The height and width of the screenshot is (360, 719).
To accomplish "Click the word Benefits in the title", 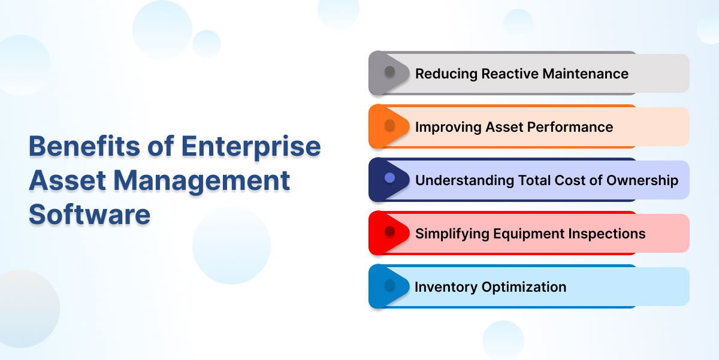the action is pos(84,146).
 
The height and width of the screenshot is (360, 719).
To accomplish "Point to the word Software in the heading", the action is pos(89,214).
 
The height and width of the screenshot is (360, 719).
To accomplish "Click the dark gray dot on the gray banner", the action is pos(389,71).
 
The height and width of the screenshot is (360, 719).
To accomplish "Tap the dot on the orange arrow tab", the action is pos(389,125).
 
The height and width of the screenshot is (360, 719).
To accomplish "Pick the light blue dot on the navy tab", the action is pos(389,178).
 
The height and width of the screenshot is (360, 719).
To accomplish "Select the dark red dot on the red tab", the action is pos(389,231).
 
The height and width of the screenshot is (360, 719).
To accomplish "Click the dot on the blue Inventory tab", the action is pos(389,285).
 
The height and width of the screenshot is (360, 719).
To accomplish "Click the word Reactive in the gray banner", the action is pos(509,74).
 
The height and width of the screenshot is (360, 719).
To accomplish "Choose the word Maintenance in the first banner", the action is pos(585,74).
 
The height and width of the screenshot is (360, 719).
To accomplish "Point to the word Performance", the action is pos(570,127).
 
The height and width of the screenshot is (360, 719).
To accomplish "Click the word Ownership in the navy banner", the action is pos(642,180).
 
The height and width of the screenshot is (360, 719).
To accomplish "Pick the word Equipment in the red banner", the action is pos(528,234).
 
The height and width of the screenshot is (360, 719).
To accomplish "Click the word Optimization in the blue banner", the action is pos(524,287).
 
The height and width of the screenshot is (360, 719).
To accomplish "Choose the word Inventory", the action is pos(446,287).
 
